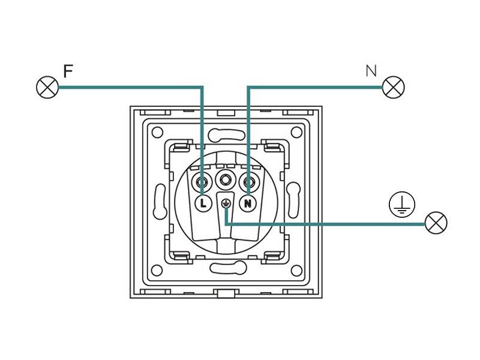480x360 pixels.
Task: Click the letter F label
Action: [68, 71]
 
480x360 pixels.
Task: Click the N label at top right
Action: [371, 71]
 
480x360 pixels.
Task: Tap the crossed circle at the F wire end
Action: [47, 88]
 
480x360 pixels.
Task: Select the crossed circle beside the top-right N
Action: [394, 88]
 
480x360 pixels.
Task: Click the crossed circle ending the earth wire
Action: [436, 223]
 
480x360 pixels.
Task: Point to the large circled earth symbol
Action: [401, 206]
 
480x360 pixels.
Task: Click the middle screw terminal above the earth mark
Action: [226, 179]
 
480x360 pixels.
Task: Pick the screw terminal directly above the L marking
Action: [202, 179]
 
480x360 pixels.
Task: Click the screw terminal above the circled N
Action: [248, 179]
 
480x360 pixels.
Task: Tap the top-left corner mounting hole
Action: [158, 133]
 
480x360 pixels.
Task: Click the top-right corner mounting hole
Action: [295, 133]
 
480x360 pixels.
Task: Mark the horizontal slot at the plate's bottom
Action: [226, 268]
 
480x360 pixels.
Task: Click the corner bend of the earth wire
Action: [226, 223]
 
